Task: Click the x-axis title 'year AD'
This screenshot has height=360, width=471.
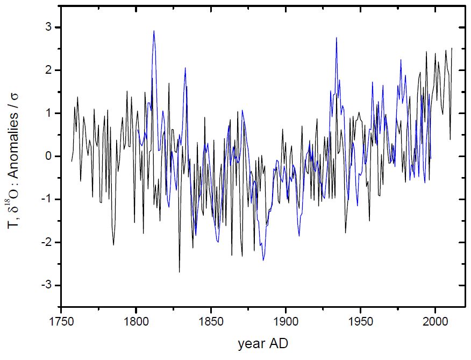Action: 263,344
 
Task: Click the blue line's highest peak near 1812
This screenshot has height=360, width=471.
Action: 154,31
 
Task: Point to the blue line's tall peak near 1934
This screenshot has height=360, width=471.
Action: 336,38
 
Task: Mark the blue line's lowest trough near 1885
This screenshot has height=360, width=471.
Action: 263,260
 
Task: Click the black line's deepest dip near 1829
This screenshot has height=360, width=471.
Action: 179,272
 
